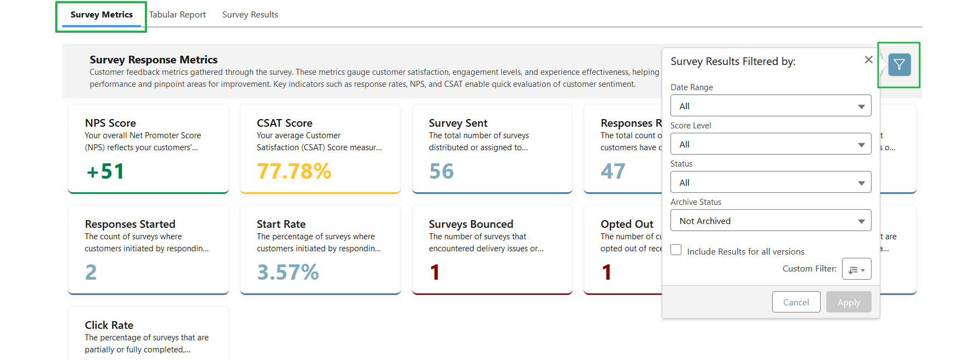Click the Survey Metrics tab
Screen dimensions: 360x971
[102, 15]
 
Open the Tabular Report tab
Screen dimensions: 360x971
[177, 15]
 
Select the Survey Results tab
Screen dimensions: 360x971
[250, 15]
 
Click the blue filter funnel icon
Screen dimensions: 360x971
[899, 65]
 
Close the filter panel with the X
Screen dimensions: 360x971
[868, 60]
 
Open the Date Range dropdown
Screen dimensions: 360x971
[770, 106]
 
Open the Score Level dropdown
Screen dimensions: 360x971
[770, 144]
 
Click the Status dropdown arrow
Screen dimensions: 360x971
[861, 183]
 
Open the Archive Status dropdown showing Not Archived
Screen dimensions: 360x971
[770, 221]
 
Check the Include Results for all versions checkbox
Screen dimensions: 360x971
[676, 250]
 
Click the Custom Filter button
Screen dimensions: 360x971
[856, 269]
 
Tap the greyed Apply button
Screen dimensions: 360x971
[848, 302]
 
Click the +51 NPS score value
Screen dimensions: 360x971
[105, 172]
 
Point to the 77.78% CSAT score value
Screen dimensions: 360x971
[294, 172]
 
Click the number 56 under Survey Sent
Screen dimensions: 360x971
[441, 172]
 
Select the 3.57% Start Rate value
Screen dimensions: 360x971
[287, 272]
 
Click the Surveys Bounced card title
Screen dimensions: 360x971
[470, 224]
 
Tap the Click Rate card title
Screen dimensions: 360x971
[109, 325]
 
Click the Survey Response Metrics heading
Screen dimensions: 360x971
[154, 60]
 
